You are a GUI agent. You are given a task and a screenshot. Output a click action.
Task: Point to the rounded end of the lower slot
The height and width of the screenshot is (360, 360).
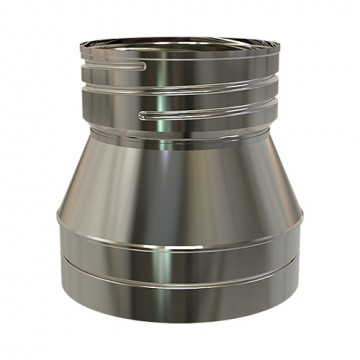(x=143, y=116)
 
